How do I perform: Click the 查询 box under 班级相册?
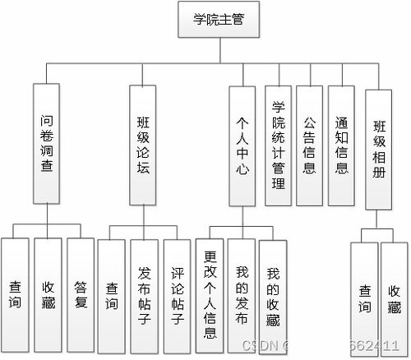(364, 299)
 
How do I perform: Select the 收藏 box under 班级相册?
(395, 299)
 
